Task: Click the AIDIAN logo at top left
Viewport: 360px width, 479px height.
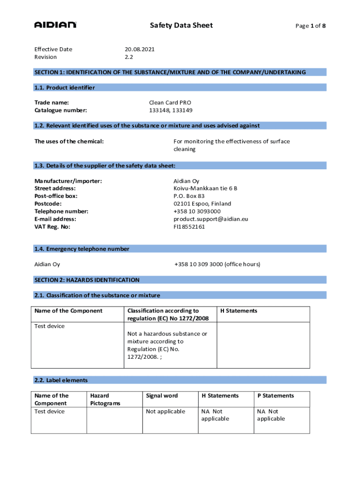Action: (55, 25)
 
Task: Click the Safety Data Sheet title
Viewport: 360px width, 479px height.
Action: (181, 25)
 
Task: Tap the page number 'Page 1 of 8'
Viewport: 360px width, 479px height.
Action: (310, 26)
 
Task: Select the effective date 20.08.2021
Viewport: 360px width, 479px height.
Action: (139, 49)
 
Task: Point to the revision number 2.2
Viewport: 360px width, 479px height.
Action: (129, 57)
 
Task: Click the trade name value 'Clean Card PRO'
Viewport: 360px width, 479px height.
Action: (170, 102)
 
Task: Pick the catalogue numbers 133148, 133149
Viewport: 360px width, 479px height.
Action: (170, 110)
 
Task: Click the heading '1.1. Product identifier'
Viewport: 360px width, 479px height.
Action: (65, 87)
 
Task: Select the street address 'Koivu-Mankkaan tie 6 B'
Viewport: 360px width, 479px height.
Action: (205, 188)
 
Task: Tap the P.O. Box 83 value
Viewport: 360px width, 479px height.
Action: (189, 196)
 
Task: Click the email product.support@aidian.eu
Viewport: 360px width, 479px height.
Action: (210, 219)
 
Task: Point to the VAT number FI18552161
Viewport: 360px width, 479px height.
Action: (189, 227)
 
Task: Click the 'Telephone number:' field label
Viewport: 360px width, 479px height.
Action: (61, 211)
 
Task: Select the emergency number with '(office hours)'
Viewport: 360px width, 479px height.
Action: (217, 264)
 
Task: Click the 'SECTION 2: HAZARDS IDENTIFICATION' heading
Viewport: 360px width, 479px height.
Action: (87, 280)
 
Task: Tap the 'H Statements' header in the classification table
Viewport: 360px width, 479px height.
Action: (238, 311)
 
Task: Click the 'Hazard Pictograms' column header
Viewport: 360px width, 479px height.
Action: (105, 399)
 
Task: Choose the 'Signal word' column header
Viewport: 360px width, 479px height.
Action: (162, 396)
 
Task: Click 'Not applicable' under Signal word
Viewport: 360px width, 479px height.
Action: (166, 412)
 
